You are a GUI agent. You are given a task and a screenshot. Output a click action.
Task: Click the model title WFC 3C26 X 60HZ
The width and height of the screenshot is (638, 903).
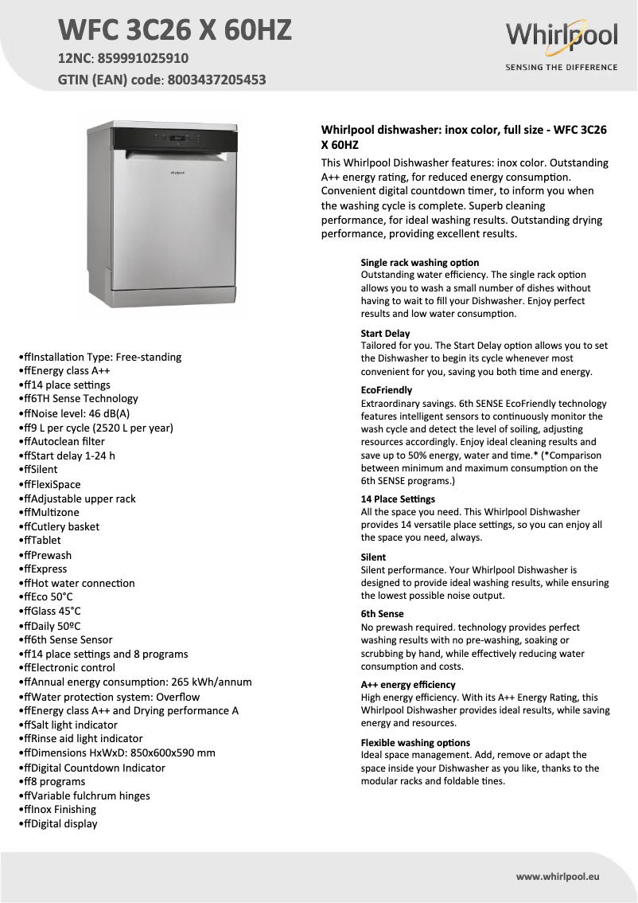[x=175, y=30]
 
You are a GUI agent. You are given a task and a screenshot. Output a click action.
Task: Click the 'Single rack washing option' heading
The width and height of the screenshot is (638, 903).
[x=420, y=262]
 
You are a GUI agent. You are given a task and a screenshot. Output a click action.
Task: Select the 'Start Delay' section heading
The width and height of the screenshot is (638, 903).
[x=386, y=333]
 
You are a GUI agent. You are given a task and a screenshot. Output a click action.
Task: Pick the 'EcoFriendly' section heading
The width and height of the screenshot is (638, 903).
[x=387, y=390]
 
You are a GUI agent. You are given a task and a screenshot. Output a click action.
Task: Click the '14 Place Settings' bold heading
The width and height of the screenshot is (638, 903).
[x=398, y=499]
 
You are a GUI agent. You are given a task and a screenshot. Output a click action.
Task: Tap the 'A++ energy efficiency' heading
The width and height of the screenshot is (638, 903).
[x=408, y=684]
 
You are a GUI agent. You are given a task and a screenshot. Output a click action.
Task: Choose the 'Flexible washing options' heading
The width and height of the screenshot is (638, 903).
[x=415, y=742]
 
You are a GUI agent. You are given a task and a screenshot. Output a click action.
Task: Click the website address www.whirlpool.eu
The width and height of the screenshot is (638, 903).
[x=557, y=877]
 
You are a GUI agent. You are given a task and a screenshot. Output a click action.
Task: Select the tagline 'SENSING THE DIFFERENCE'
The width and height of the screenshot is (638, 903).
[x=562, y=68]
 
